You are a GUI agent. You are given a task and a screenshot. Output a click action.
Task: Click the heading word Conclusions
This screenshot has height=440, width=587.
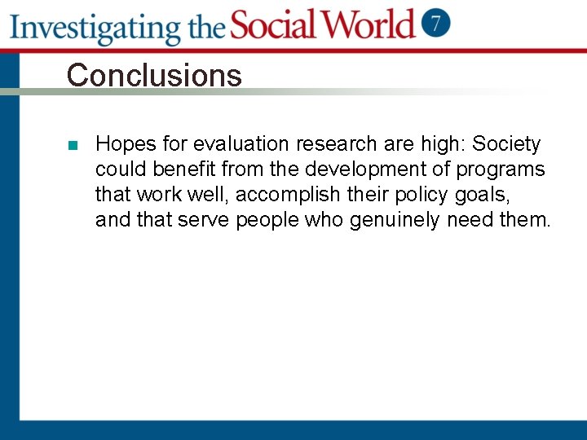point(154,76)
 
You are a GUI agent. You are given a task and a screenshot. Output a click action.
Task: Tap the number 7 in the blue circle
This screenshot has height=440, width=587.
point(438,23)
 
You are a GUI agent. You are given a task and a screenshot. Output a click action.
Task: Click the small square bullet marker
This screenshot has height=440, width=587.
point(73,146)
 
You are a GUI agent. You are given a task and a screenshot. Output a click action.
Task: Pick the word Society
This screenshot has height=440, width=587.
point(506,144)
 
